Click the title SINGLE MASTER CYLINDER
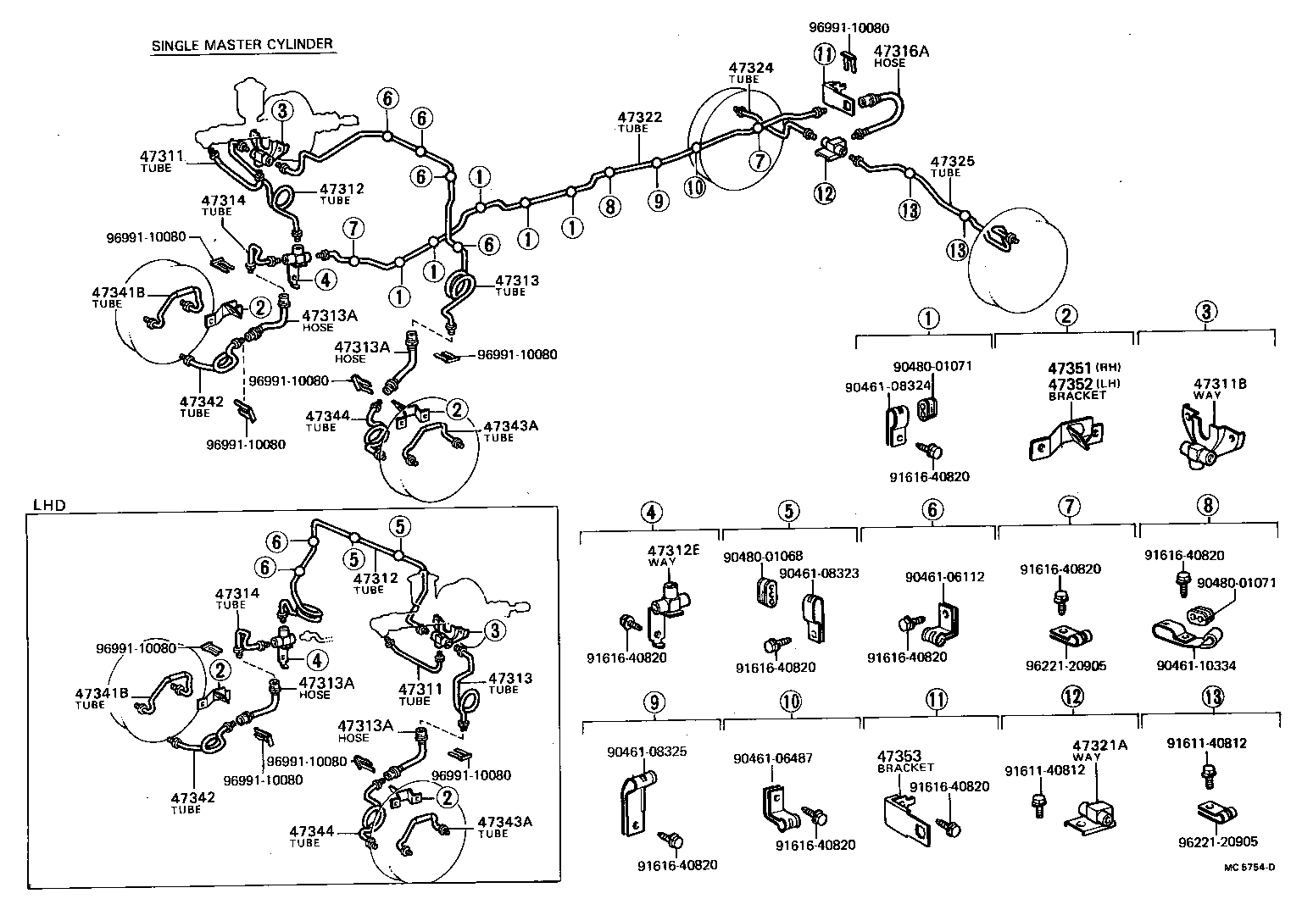coord(242,45)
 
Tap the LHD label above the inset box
coord(48,506)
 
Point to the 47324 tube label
coord(751,68)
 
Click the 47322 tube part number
coord(639,118)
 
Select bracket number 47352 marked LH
coord(1070,383)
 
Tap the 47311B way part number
coord(1219,384)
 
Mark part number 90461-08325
coord(646,751)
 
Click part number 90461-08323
coord(819,573)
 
